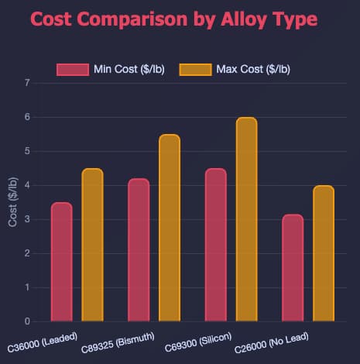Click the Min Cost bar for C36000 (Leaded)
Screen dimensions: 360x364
click(x=62, y=262)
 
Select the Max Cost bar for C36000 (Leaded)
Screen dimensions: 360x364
click(x=92, y=245)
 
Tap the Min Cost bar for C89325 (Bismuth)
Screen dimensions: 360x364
click(x=139, y=250)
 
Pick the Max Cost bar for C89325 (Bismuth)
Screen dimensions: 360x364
click(x=170, y=228)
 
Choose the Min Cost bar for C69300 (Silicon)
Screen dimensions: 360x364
click(x=216, y=245)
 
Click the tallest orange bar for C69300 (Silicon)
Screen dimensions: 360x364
click(x=247, y=219)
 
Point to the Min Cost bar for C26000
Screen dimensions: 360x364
click(x=293, y=268)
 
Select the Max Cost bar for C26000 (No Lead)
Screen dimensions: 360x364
click(x=324, y=253)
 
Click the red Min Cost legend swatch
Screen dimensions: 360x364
click(x=73, y=70)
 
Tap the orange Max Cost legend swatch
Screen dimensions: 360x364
click(x=196, y=70)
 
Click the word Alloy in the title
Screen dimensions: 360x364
click(x=243, y=19)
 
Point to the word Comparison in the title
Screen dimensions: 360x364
click(x=132, y=20)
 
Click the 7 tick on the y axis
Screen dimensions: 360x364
click(x=27, y=83)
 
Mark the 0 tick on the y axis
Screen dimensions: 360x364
click(x=27, y=321)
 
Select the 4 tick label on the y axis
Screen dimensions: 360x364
click(x=27, y=185)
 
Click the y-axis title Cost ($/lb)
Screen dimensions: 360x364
click(x=12, y=202)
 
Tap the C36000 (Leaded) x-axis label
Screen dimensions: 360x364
click(x=43, y=342)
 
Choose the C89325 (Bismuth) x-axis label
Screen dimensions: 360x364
click(x=118, y=343)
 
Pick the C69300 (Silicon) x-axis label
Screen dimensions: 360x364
click(x=198, y=342)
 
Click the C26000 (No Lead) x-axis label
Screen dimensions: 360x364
click(x=272, y=343)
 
